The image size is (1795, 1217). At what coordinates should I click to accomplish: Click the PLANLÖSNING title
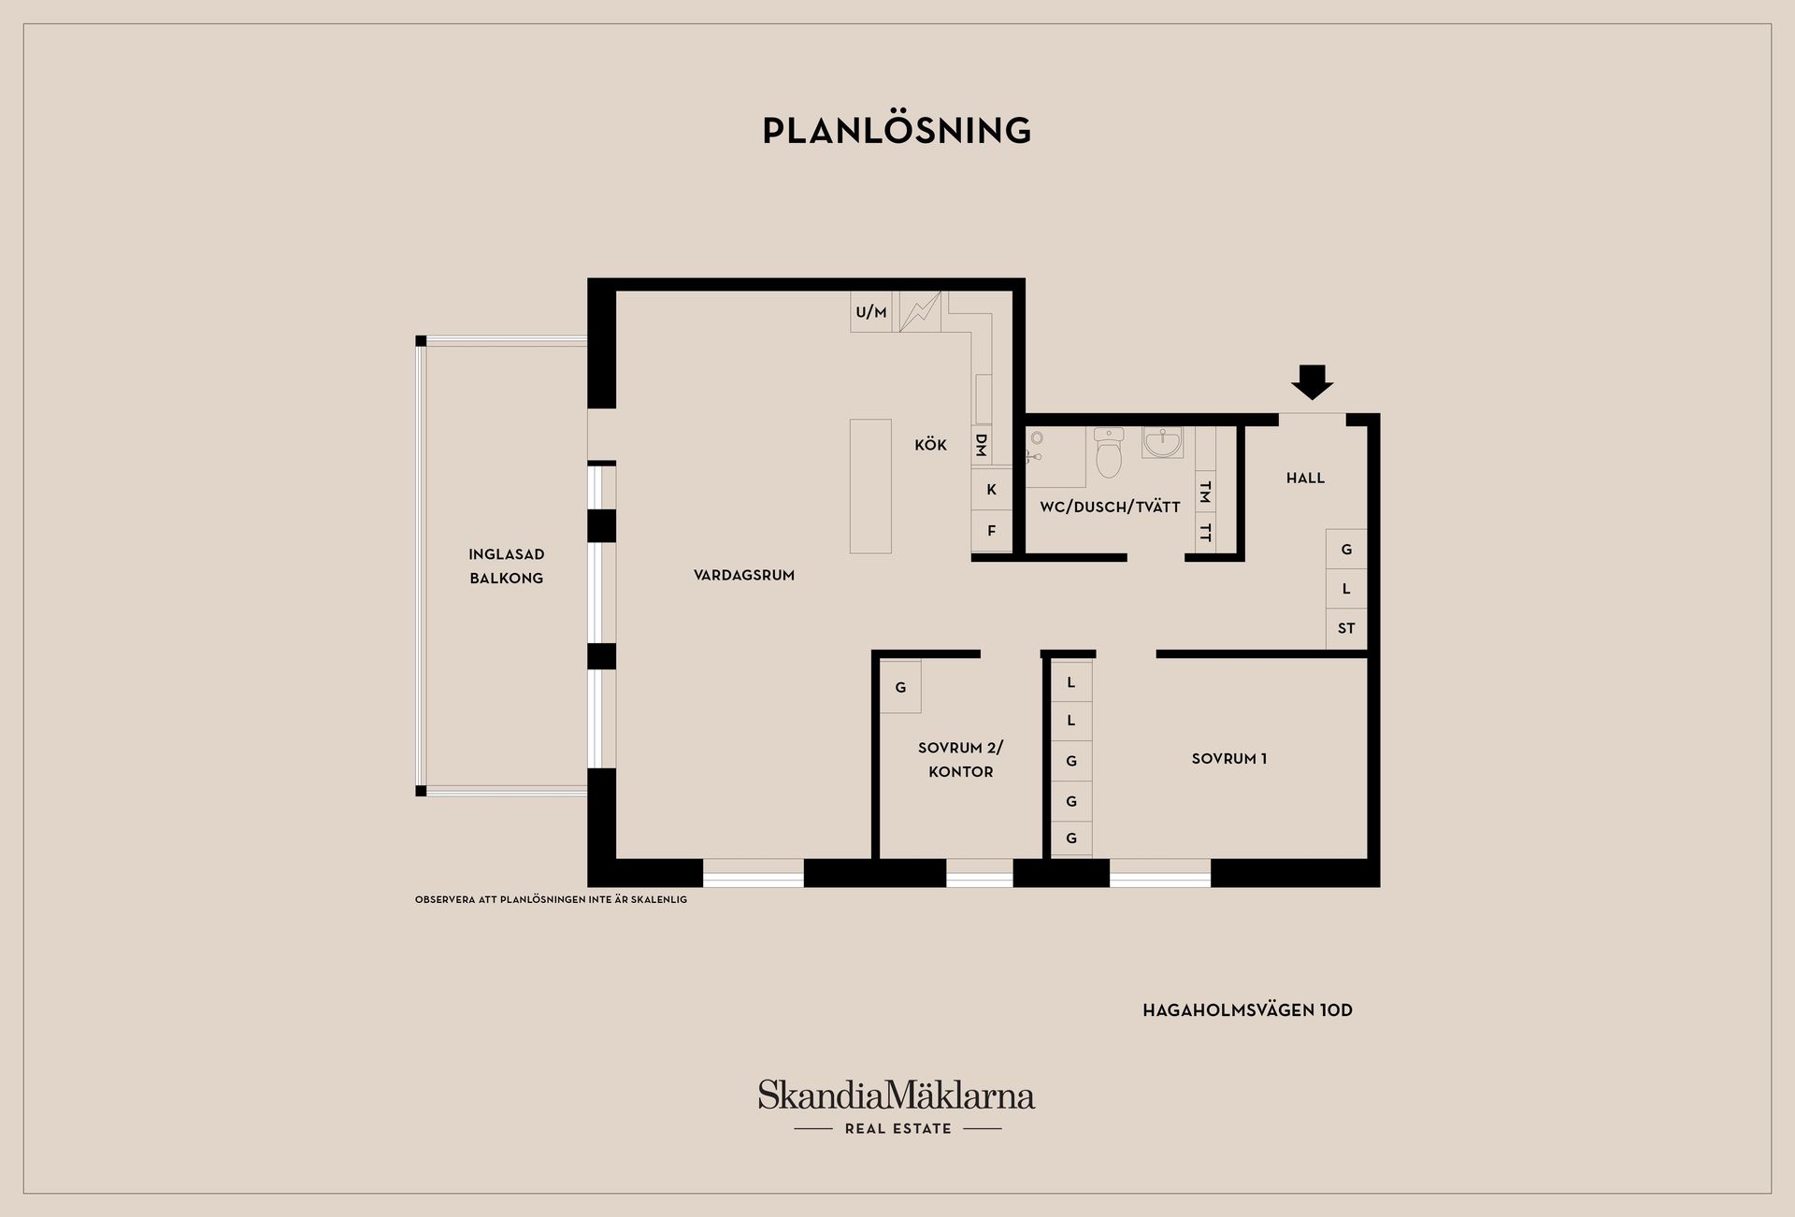(897, 130)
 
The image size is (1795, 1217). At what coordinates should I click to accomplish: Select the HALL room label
(1305, 479)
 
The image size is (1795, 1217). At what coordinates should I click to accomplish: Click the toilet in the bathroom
(1109, 452)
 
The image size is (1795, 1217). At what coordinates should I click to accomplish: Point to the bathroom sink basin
(1162, 442)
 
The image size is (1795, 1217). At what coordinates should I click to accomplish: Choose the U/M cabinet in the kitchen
(871, 311)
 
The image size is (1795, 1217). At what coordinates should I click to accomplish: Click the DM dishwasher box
(982, 445)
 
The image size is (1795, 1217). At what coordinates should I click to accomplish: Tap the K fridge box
(991, 489)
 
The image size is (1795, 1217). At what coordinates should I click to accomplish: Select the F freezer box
(991, 531)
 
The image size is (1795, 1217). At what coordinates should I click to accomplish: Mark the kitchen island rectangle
(870, 486)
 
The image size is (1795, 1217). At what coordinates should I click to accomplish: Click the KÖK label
(930, 445)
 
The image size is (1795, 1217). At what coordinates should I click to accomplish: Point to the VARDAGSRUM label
(744, 575)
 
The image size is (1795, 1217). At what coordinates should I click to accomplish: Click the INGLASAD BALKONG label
(506, 566)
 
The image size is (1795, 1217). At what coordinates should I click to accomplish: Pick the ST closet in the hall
(1346, 628)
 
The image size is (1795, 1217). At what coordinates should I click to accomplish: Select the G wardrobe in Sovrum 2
(900, 687)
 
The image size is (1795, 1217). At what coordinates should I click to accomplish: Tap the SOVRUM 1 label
(1228, 759)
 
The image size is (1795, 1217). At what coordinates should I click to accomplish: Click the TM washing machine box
(1206, 491)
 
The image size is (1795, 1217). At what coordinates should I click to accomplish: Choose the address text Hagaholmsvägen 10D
(1247, 1010)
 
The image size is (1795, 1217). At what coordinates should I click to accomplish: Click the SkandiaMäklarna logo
(897, 1107)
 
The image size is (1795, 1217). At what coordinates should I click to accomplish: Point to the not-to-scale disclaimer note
(551, 900)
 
